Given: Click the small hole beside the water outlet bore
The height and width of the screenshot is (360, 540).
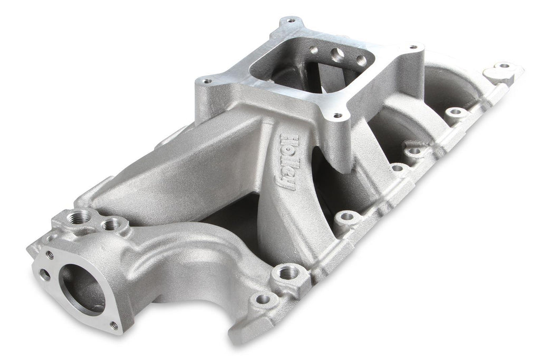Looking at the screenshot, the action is (45, 274).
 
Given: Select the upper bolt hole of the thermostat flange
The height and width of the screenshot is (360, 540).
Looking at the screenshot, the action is (50, 255).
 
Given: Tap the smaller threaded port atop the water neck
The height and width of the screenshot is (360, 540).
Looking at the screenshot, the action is (111, 225).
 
